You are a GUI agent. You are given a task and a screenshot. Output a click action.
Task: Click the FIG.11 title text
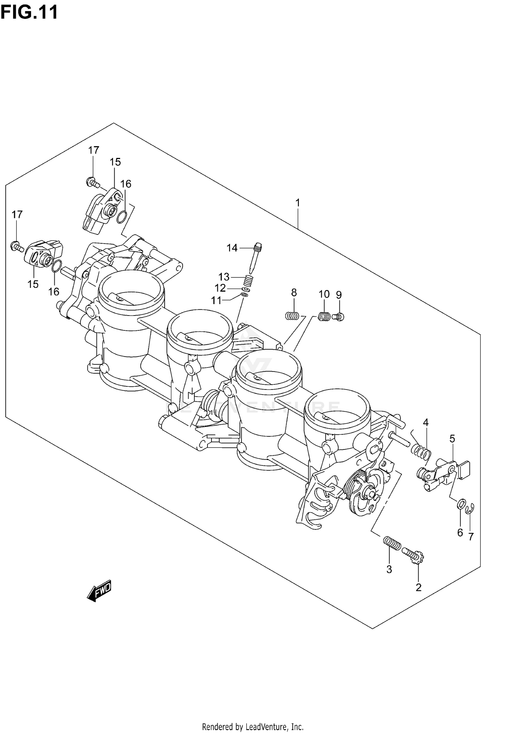point(29,12)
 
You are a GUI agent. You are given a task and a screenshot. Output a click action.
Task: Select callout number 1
point(298,203)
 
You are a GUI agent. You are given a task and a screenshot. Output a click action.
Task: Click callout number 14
point(232,248)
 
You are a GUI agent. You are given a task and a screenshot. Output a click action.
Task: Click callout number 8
point(294,293)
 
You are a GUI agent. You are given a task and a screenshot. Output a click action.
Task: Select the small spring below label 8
point(292,316)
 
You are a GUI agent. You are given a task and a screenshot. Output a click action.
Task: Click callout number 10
point(324,294)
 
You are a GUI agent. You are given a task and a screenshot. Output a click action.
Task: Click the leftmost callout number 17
point(17,214)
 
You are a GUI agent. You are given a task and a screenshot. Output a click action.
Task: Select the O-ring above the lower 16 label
point(57,267)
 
